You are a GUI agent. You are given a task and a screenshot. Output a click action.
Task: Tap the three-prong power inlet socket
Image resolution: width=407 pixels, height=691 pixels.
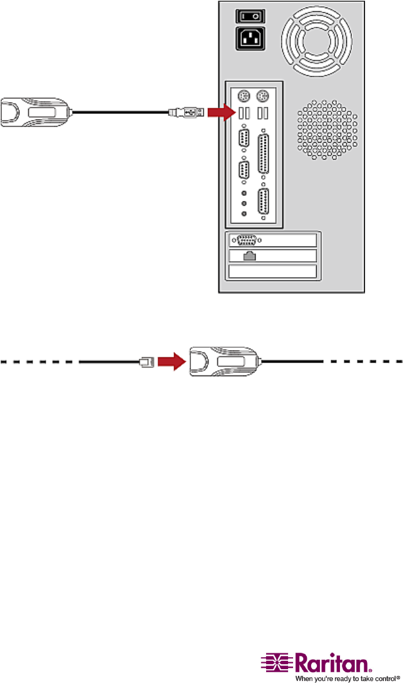pos(247,39)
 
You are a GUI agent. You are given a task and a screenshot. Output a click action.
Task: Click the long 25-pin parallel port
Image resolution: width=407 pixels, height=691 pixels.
pos(264,155)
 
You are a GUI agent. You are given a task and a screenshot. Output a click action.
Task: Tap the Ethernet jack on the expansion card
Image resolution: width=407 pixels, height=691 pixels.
pos(249,255)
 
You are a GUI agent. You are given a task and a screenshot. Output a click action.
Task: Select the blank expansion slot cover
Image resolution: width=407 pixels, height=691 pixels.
pos(273,272)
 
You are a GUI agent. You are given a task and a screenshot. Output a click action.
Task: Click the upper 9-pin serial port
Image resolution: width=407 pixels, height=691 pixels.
pos(245,138)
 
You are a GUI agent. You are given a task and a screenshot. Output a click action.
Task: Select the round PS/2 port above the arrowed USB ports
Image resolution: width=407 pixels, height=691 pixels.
pos(245,96)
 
